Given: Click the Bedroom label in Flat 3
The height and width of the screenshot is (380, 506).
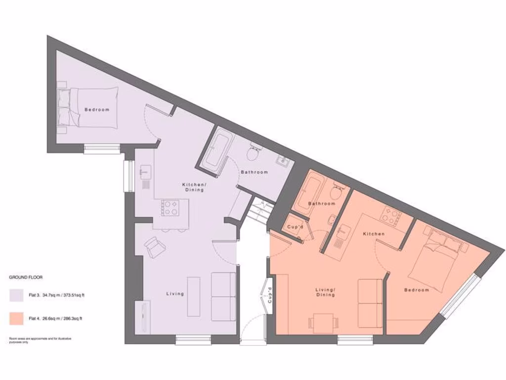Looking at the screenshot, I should [x=96, y=109].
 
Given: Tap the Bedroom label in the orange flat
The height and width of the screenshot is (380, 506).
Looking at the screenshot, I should [x=417, y=290].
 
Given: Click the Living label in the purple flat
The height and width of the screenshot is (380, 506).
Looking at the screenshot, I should [x=175, y=294].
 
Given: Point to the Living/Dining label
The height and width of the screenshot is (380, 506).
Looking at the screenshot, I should [x=326, y=292].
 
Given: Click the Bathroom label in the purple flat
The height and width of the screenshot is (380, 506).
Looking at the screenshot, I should [x=254, y=172].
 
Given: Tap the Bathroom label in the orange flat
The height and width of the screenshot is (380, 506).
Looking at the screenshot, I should [x=322, y=203].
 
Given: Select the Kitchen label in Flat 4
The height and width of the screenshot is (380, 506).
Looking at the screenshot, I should [x=374, y=234].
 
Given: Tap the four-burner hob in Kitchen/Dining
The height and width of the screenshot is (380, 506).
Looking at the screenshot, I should [x=170, y=208].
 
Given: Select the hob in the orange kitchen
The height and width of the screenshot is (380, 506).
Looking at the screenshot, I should [x=390, y=215].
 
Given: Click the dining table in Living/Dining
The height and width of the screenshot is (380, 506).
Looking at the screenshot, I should [x=324, y=323].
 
